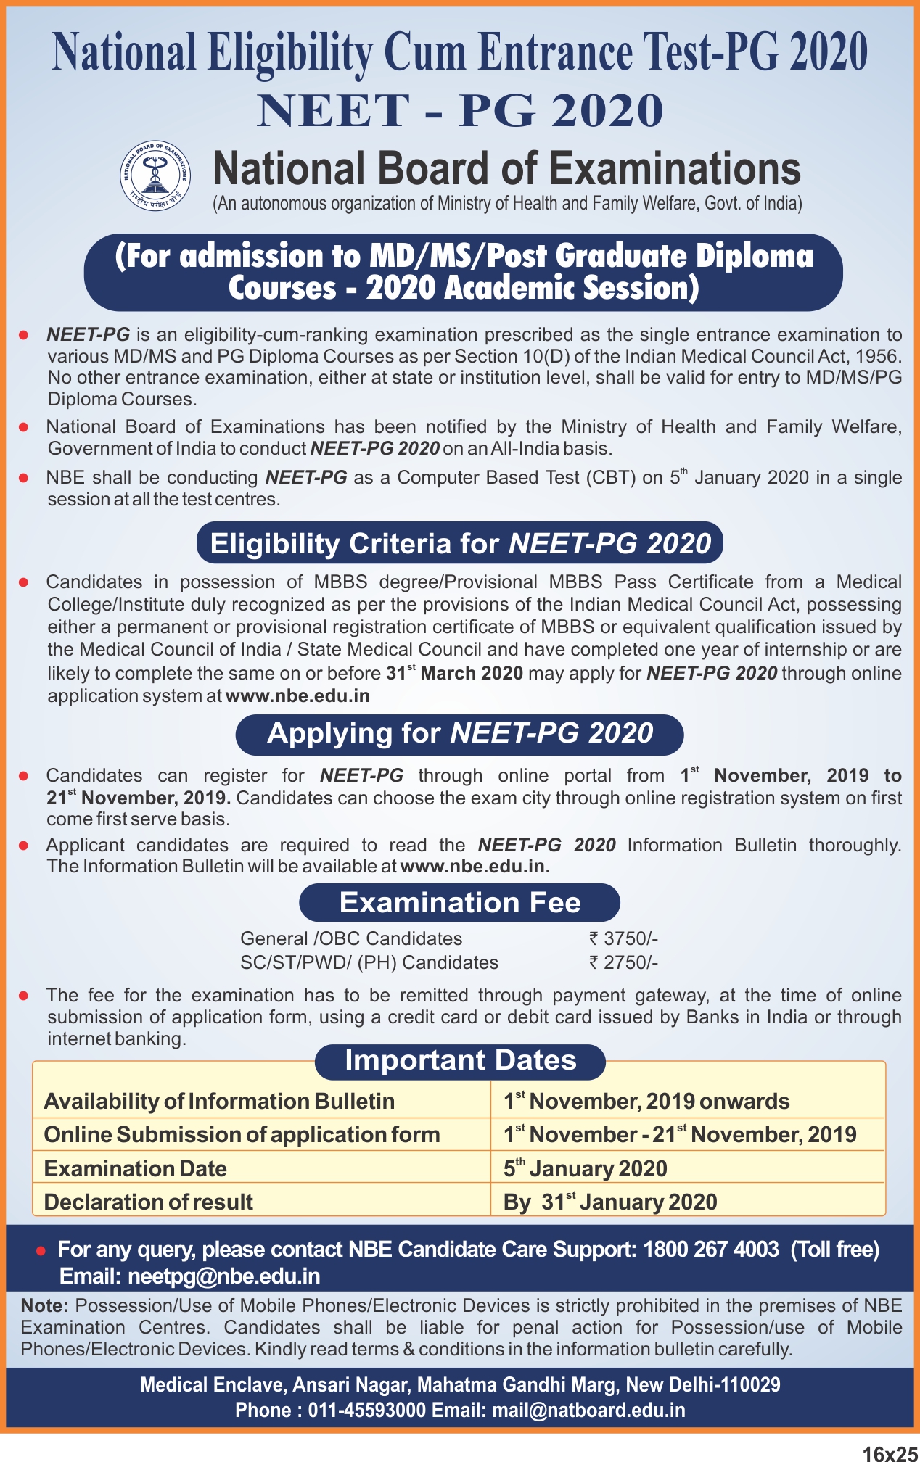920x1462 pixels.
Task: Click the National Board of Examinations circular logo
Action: coord(155,175)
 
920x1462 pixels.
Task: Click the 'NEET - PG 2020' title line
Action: coord(460,111)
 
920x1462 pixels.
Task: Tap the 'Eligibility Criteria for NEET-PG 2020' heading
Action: coord(460,543)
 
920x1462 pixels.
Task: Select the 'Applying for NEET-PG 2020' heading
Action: coord(460,733)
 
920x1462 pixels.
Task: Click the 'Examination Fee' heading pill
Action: coord(460,903)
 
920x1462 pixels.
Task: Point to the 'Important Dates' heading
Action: coord(460,1061)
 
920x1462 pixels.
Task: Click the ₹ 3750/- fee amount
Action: coord(623,938)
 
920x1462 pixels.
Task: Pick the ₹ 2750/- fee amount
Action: coord(623,962)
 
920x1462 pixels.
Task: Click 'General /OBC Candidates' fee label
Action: coord(351,938)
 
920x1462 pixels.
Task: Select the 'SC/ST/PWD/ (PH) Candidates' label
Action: coord(369,962)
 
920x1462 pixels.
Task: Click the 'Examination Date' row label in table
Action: coord(136,1168)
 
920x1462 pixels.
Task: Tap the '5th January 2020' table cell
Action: coord(586,1168)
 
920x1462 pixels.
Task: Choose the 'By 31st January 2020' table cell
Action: coord(610,1202)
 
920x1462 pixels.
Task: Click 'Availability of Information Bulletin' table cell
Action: coord(219,1101)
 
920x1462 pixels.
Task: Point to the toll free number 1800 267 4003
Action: coord(711,1250)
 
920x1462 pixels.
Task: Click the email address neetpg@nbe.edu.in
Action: coord(224,1276)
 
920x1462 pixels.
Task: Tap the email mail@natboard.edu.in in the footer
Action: coord(588,1410)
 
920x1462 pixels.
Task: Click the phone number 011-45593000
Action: coord(367,1410)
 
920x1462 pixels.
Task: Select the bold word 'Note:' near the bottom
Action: coord(44,1306)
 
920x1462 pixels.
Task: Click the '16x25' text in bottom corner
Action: coord(890,1453)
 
